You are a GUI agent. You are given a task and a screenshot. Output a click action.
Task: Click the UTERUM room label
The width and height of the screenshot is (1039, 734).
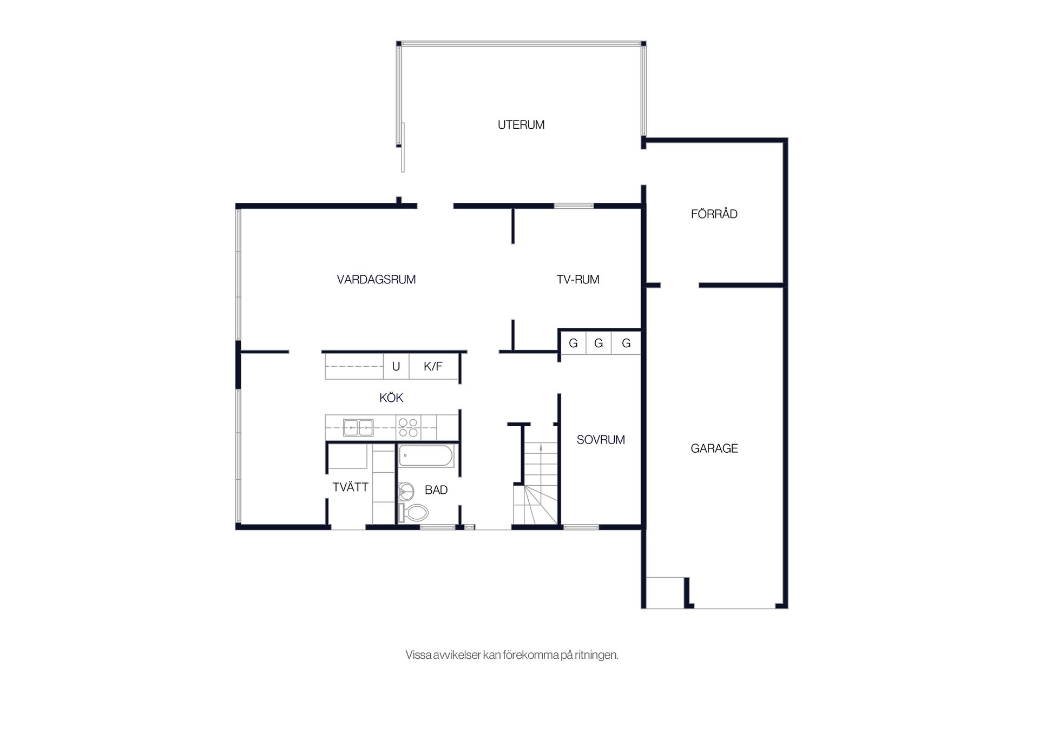click(521, 125)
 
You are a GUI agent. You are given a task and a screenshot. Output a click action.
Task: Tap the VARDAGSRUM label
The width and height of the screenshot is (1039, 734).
click(376, 280)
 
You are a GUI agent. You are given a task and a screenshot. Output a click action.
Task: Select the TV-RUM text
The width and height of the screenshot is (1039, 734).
click(578, 280)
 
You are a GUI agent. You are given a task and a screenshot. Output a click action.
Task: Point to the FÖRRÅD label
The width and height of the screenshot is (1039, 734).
click(714, 214)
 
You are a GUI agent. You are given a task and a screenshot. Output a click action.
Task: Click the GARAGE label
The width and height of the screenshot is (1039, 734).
click(714, 448)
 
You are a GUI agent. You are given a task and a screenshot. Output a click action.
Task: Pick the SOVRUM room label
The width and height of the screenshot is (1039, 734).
click(601, 440)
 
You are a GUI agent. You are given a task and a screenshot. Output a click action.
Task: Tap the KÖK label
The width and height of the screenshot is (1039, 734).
click(391, 398)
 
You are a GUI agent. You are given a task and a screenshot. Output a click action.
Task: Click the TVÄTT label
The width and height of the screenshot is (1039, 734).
click(350, 487)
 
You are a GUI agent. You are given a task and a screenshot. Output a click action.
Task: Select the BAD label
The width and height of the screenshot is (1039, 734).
click(436, 490)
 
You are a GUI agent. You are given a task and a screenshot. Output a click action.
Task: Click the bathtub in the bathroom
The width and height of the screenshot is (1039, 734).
click(426, 455)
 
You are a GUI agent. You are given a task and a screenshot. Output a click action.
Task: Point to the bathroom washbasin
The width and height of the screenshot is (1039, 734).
click(405, 491)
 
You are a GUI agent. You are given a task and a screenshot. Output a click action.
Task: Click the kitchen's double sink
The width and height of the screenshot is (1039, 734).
click(358, 428)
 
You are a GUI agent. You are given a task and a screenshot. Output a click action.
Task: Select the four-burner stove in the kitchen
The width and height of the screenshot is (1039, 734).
click(409, 427)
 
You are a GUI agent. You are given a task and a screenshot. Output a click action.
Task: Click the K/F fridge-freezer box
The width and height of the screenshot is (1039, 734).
click(433, 366)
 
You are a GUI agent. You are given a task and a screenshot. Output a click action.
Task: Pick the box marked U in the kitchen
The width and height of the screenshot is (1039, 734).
click(396, 366)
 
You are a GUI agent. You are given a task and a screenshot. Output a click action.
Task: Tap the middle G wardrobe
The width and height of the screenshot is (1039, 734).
click(599, 343)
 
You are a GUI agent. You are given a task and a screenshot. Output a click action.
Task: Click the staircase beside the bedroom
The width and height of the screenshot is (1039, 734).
click(535, 484)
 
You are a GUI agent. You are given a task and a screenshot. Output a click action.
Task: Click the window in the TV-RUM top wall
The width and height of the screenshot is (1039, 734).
click(574, 206)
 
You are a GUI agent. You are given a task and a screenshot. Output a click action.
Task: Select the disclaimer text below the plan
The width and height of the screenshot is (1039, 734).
click(512, 655)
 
